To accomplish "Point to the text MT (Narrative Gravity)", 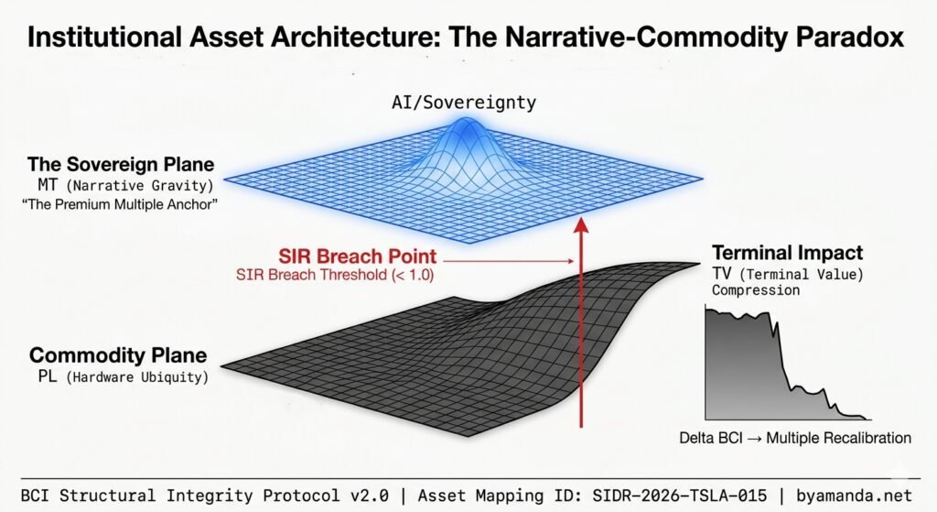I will tap(116, 186).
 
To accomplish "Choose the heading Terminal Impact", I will tap(787, 253).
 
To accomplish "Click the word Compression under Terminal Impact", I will tap(755, 290).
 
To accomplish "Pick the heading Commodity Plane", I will tap(117, 356).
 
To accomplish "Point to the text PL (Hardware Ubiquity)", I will tap(117, 376).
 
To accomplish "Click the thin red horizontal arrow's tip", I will tap(574, 264).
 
